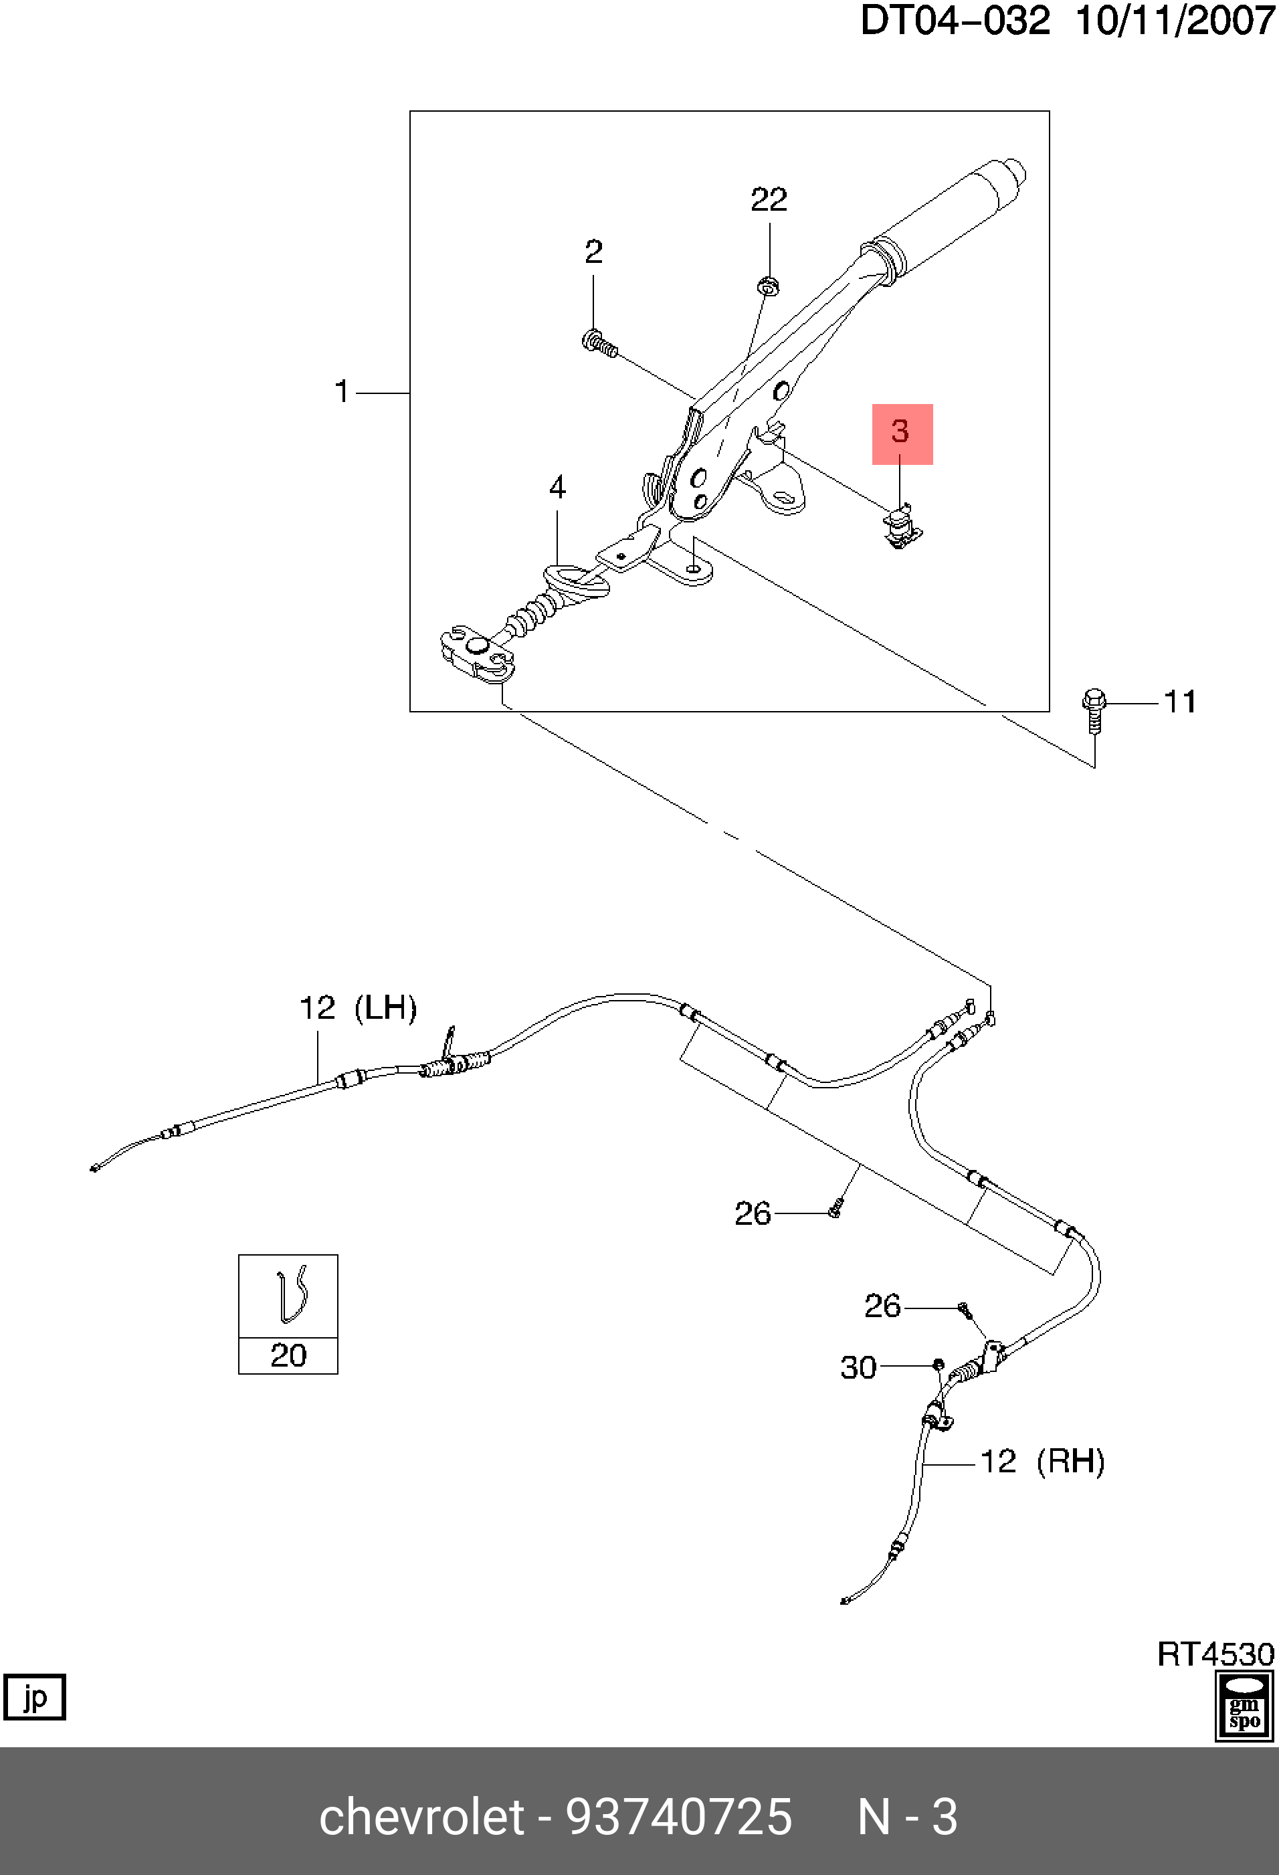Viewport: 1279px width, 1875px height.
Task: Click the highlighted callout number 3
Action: point(901,431)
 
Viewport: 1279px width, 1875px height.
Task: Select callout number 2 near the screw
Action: point(593,252)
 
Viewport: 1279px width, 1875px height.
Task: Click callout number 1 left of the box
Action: point(341,391)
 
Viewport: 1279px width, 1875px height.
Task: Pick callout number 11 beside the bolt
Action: point(1180,701)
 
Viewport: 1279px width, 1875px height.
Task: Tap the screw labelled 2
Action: point(599,344)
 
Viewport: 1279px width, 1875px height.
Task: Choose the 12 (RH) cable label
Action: point(1042,1461)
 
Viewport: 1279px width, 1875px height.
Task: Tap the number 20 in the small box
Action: point(288,1355)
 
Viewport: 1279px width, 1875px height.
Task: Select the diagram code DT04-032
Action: point(955,20)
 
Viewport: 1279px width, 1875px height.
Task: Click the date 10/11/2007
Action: point(1175,20)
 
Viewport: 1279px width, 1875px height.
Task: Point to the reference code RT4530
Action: point(1215,1655)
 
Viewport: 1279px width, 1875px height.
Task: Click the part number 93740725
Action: point(679,1817)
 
